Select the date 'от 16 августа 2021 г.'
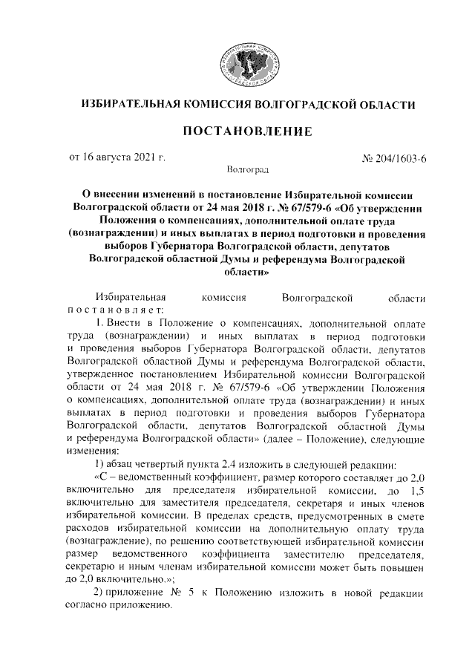pyautogui.click(x=117, y=158)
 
